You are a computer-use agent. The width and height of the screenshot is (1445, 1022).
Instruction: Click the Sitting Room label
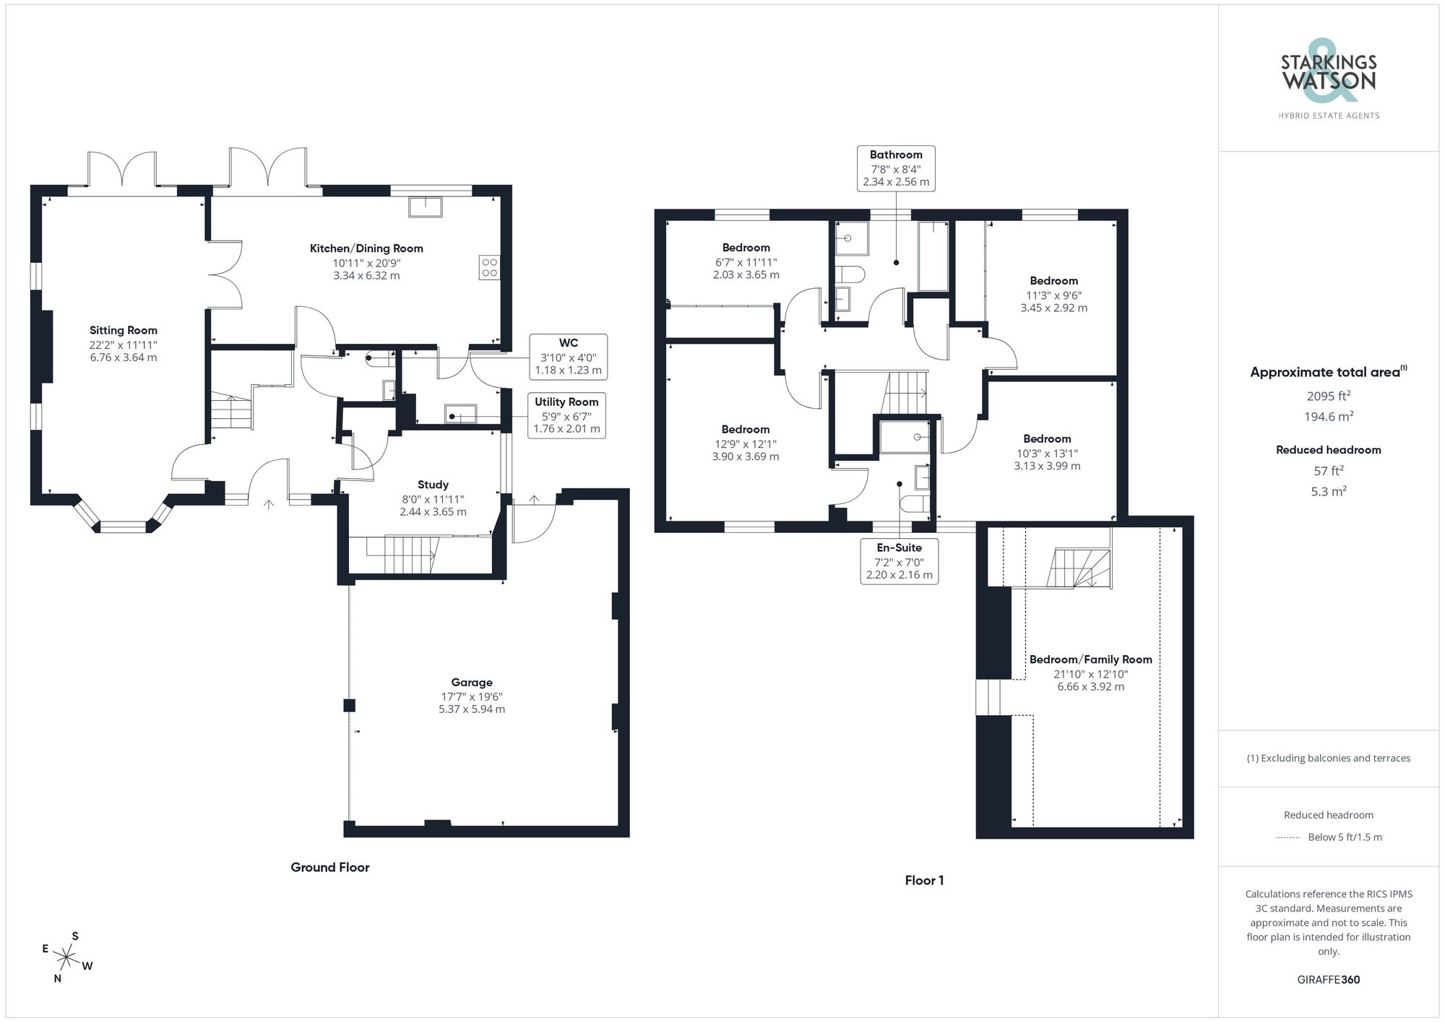click(x=123, y=331)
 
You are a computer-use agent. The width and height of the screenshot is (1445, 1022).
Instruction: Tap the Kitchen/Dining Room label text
click(x=366, y=248)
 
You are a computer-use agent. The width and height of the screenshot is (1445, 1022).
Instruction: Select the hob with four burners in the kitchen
click(x=489, y=267)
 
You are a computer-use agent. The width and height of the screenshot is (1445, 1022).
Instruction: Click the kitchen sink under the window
click(x=426, y=207)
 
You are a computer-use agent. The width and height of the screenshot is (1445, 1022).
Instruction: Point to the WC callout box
click(x=568, y=357)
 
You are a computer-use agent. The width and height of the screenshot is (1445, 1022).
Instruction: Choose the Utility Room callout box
click(x=566, y=415)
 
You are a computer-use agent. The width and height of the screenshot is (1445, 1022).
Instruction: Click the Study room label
click(x=433, y=485)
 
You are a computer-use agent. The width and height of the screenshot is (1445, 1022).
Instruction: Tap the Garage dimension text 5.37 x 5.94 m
click(x=472, y=709)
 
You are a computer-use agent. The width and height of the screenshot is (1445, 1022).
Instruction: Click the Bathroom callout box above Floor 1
click(x=896, y=168)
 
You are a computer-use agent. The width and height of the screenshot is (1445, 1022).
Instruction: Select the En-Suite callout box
click(x=899, y=561)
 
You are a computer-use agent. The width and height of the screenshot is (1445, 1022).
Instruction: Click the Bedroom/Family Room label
click(x=1090, y=659)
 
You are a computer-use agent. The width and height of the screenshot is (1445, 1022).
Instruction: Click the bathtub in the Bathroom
click(x=933, y=256)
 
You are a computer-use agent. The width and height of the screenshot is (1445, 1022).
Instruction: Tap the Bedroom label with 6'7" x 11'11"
click(x=746, y=248)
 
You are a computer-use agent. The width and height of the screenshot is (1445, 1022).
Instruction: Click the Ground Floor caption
click(x=329, y=867)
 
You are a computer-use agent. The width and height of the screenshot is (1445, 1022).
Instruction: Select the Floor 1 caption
click(x=924, y=880)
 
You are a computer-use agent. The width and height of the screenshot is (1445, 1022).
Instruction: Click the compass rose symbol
click(x=66, y=958)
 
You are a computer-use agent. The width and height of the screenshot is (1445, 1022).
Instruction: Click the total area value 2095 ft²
click(x=1328, y=396)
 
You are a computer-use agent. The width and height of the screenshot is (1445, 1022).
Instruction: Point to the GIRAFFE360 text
click(x=1328, y=980)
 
